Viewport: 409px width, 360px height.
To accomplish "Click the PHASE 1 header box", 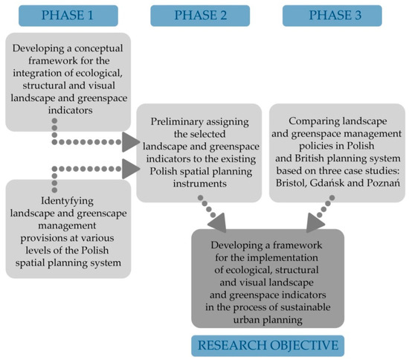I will [70, 15].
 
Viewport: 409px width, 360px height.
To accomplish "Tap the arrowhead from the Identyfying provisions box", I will [130, 169].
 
